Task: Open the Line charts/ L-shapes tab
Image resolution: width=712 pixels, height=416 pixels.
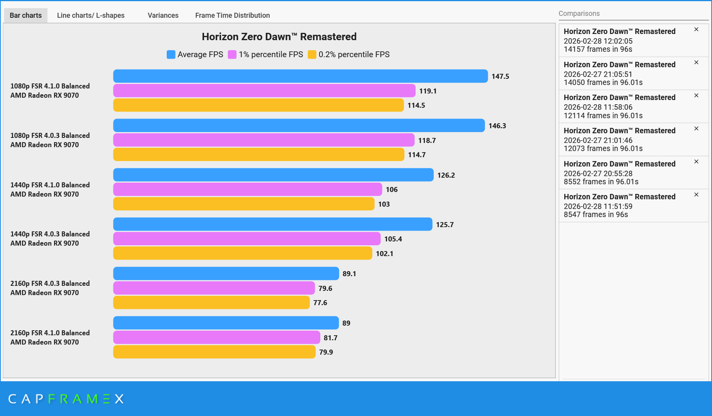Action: click(91, 15)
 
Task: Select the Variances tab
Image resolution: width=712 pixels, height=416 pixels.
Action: click(163, 15)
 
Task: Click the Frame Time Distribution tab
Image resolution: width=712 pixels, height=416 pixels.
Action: click(232, 15)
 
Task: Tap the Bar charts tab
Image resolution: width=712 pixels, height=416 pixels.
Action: click(25, 15)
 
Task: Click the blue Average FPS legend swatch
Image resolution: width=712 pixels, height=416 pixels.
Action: click(171, 54)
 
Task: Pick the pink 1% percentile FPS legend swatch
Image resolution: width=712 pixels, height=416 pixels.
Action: click(232, 54)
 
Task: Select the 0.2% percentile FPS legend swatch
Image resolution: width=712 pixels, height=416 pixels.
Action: click(312, 54)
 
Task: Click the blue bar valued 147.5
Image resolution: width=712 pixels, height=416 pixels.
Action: click(300, 76)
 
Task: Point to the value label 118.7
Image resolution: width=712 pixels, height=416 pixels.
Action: click(427, 141)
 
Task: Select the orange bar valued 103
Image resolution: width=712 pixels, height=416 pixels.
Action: click(244, 204)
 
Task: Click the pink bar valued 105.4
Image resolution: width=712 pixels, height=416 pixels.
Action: click(247, 239)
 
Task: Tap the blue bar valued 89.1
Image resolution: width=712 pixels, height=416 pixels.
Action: click(226, 273)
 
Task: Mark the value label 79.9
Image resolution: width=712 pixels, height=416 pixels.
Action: click(326, 352)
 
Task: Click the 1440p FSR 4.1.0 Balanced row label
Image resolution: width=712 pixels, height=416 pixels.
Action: click(50, 189)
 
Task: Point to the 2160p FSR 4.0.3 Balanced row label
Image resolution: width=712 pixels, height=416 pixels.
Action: click(50, 288)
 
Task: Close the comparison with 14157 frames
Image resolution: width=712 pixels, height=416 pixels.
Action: click(696, 29)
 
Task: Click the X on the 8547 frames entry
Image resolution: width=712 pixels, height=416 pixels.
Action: click(696, 195)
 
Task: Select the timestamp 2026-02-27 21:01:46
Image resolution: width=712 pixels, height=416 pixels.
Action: click(598, 140)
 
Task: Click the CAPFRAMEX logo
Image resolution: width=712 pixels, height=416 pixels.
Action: click(66, 399)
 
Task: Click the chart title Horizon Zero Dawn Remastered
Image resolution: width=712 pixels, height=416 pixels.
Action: click(279, 37)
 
